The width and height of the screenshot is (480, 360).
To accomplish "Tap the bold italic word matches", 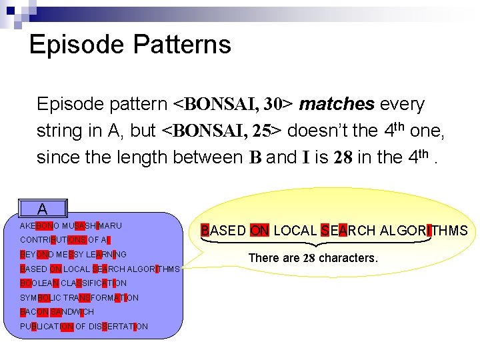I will coord(337,105).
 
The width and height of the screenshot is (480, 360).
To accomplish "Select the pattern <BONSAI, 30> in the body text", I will coord(232,105).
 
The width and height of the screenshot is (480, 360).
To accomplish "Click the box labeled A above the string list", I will coord(42,209).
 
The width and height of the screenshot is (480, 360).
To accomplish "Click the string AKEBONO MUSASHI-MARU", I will coord(71,226).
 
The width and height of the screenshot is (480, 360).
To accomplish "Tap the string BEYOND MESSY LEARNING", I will coord(73,255).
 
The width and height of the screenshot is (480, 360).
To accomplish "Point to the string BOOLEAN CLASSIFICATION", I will coord(73,283).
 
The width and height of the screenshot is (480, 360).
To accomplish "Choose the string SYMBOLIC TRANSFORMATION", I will coord(79,298).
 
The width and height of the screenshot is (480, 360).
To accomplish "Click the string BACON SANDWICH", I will coord(57,312).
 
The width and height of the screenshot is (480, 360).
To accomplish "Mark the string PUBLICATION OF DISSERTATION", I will coord(83,327).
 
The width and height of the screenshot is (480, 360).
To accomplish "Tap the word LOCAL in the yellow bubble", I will coord(295,231).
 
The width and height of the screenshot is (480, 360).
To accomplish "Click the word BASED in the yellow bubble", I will coord(223,231).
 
